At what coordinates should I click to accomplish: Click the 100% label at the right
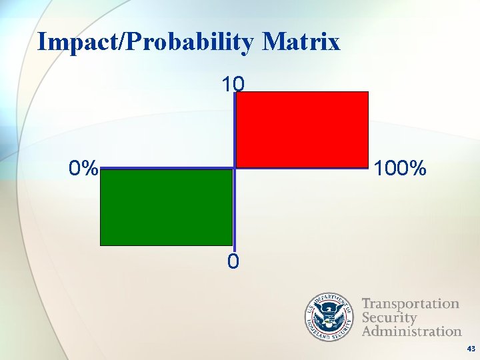(400, 169)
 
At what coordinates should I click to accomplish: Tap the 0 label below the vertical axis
(233, 262)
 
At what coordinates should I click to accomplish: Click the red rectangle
(302, 129)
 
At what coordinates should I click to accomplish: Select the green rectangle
(166, 207)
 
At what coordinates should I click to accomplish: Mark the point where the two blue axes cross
(234, 169)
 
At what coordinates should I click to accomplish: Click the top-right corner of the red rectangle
(368, 92)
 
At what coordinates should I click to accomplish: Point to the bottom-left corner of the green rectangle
(101, 245)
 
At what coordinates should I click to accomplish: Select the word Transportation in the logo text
(411, 304)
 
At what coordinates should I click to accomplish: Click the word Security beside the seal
(389, 317)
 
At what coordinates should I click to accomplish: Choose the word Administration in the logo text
(411, 331)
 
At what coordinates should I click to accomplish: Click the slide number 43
(471, 349)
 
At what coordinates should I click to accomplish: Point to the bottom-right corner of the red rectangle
(368, 167)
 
